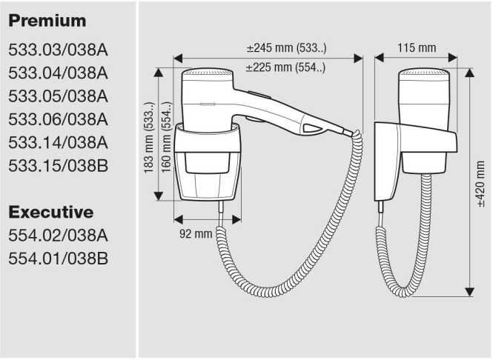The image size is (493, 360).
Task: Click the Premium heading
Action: coord(47,21)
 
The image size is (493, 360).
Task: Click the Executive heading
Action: coord(51,213)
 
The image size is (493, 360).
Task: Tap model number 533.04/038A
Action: coord(59,73)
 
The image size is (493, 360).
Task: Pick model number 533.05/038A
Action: coord(59,96)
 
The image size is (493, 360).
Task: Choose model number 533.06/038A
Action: coord(59,119)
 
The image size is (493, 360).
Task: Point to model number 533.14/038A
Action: coord(59,141)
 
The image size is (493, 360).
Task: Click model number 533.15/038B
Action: coord(59,164)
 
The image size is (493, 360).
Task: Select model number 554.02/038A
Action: coord(59,236)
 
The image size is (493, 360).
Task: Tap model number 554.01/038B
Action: coord(59,259)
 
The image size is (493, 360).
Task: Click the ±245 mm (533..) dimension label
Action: coord(287,48)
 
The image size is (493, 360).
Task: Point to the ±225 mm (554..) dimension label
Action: coord(285,67)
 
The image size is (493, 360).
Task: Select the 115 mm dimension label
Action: coord(416,48)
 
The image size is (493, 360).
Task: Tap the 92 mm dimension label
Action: coord(196,233)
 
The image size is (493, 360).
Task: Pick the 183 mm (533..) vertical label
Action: coord(148,137)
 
